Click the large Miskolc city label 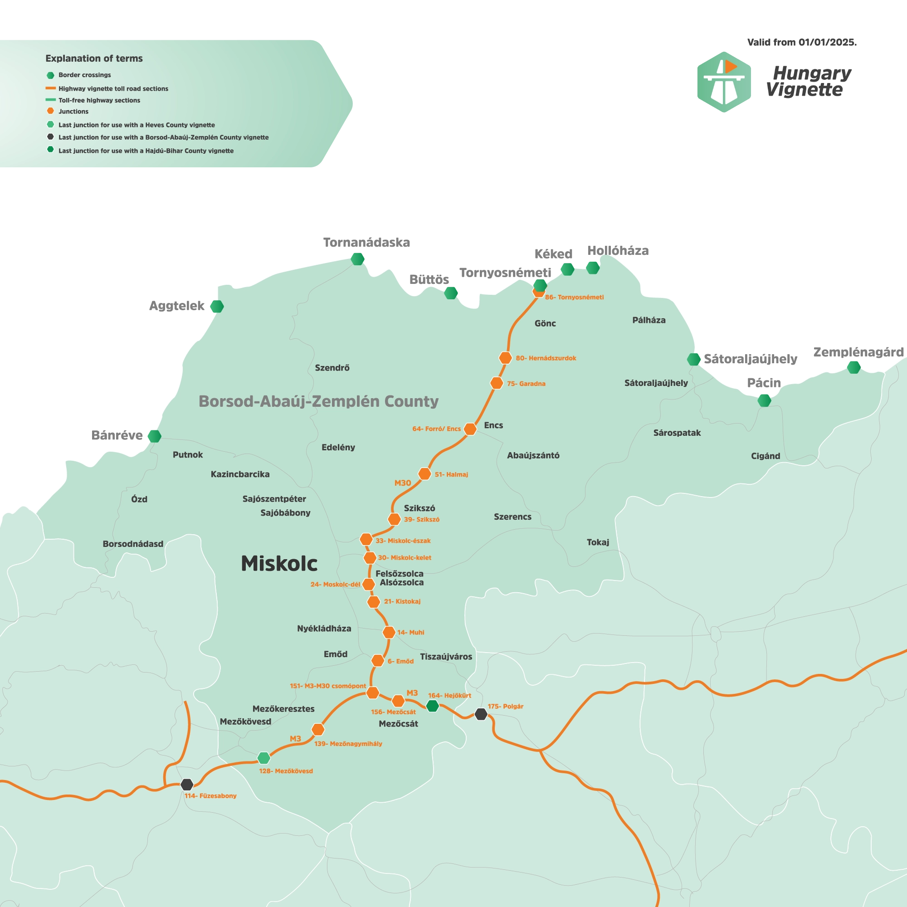click(x=279, y=564)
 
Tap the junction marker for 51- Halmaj click(x=424, y=474)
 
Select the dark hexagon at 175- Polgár click(x=481, y=714)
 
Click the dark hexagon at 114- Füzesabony click(x=187, y=785)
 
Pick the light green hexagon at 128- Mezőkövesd click(x=264, y=758)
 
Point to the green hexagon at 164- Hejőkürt click(x=432, y=706)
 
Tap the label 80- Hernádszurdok click(x=546, y=358)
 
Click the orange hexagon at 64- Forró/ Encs click(x=470, y=429)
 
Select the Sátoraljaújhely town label click(x=656, y=383)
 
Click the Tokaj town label click(x=598, y=542)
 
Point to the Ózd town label click(x=139, y=499)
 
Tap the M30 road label click(x=402, y=483)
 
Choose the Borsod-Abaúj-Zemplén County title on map click(x=318, y=401)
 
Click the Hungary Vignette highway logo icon click(x=724, y=82)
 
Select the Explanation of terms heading click(x=94, y=59)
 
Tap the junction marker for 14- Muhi click(x=389, y=632)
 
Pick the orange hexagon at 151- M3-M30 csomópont click(x=372, y=692)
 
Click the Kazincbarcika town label click(x=240, y=474)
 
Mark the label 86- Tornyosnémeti click(x=574, y=297)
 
